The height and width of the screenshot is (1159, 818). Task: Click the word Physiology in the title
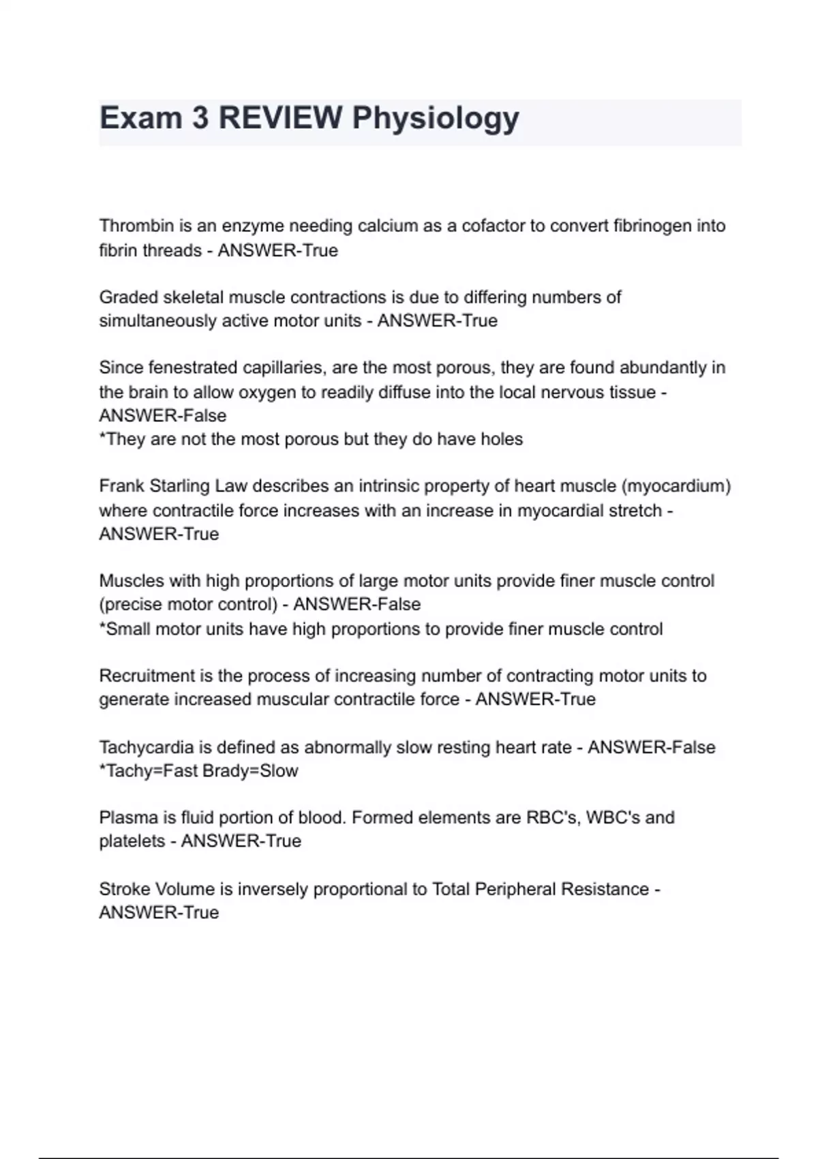[x=436, y=119]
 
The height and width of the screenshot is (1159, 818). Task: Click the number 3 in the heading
[x=200, y=118]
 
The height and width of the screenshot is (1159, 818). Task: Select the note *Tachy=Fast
[x=145, y=771]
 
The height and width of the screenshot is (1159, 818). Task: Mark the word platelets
[x=132, y=841]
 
